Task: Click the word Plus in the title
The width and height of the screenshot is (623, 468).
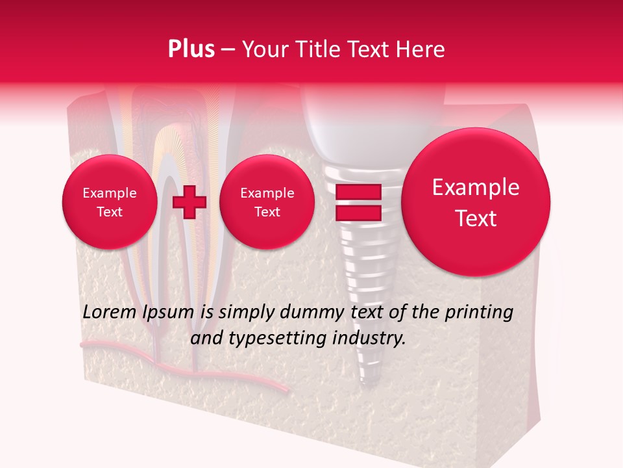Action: (191, 49)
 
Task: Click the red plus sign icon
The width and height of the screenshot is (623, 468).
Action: (189, 201)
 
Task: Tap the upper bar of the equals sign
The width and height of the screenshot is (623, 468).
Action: (358, 192)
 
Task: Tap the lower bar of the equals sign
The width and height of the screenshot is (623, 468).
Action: (358, 213)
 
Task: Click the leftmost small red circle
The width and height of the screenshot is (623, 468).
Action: (109, 202)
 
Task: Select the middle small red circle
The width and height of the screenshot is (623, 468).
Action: (267, 202)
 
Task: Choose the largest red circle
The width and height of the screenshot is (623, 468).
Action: (476, 202)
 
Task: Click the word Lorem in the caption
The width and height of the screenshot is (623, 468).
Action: (110, 312)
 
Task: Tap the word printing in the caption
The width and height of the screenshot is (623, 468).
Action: (478, 312)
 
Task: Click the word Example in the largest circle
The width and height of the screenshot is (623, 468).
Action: (476, 187)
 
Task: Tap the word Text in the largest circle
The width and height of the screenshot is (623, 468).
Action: (476, 218)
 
